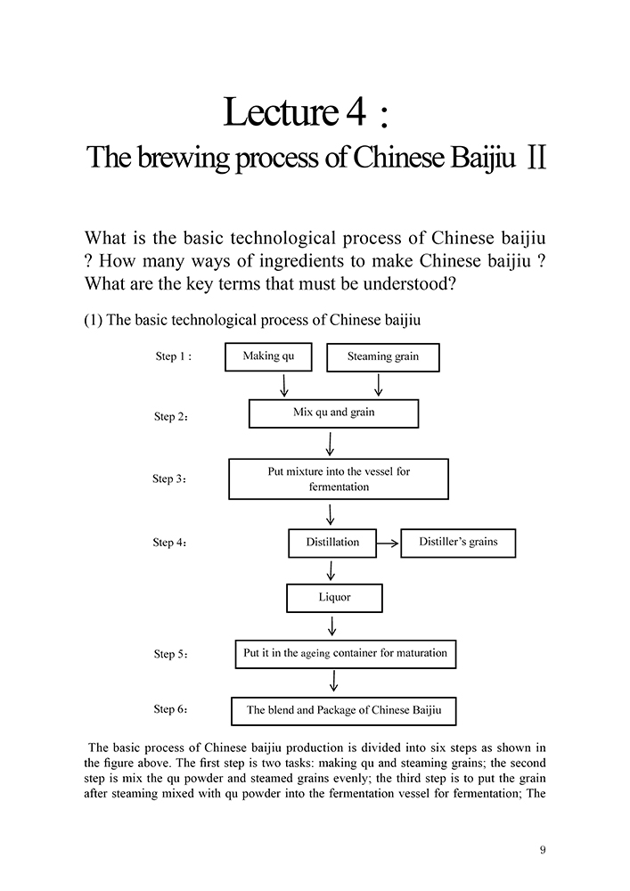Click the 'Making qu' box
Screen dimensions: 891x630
[x=268, y=356]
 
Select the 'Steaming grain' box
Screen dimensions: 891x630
[x=383, y=357]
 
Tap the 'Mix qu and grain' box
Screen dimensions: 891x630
[x=333, y=413]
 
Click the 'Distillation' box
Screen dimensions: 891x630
[x=332, y=543]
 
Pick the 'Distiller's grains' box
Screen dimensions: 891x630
[x=458, y=543]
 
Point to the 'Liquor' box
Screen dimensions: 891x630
[x=334, y=598]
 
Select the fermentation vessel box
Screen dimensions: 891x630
[x=339, y=478]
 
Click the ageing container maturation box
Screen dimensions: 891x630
[x=345, y=654]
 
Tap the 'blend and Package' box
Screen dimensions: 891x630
[x=343, y=711]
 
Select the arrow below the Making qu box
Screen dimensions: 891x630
[x=284, y=385]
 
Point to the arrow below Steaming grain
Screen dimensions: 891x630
[x=379, y=385]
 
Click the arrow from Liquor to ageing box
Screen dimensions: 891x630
[x=332, y=625]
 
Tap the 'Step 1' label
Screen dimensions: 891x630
[x=173, y=356]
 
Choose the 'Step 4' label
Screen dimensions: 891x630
[x=169, y=543]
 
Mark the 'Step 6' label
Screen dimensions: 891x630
[x=170, y=710]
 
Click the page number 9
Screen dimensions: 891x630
[x=543, y=849]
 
